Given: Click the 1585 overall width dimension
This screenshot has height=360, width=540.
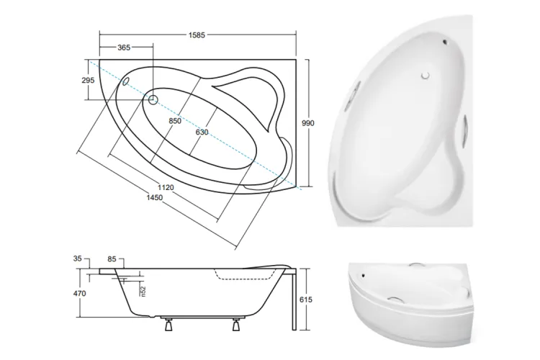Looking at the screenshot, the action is [197, 35].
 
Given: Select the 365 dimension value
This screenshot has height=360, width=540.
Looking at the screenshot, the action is [124, 48].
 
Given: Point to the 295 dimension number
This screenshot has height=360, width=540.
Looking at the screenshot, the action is [88, 80].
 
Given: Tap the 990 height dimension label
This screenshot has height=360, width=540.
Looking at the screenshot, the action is [308, 123].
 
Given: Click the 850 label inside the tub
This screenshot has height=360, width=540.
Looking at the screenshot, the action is [175, 121].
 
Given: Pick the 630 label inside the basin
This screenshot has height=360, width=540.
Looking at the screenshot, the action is [202, 132].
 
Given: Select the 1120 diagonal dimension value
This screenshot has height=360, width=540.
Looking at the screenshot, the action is [166, 187].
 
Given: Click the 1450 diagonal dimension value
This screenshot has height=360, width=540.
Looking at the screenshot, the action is [154, 198].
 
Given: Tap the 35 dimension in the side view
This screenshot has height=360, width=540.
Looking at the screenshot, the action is [78, 258].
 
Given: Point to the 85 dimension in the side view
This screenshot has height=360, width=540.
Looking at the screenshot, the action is [112, 259].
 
